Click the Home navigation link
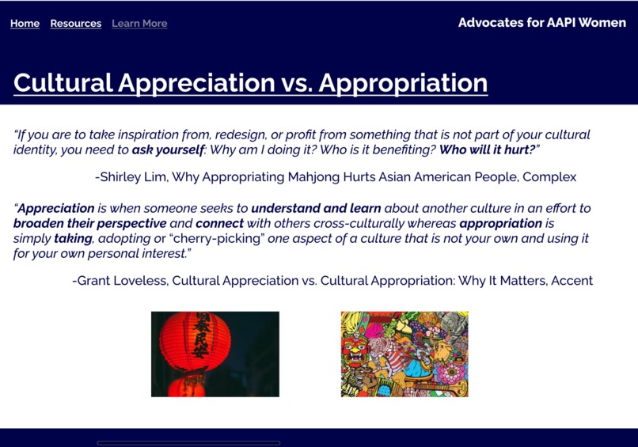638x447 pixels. (x=25, y=24)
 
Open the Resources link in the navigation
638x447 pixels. (x=75, y=24)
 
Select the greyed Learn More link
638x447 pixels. (x=139, y=24)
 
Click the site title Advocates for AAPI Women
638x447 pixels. (x=541, y=22)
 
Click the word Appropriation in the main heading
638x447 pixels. (x=403, y=83)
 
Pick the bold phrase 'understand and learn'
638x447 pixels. (x=316, y=209)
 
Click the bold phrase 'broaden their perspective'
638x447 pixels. (x=89, y=224)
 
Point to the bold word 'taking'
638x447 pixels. (x=73, y=238)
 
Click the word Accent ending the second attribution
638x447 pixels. (x=572, y=281)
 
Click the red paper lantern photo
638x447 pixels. (x=215, y=354)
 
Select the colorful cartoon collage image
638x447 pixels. (x=404, y=354)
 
